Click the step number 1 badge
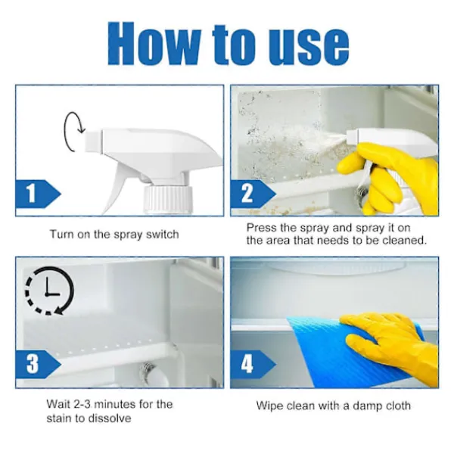click(x=37, y=194)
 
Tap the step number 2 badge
click(x=252, y=194)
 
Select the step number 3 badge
click(x=37, y=364)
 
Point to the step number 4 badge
click(x=252, y=364)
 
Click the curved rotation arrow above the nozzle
click(x=65, y=132)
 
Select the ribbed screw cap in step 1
click(x=168, y=199)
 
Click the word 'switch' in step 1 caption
click(x=162, y=234)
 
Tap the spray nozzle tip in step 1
click(x=94, y=141)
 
